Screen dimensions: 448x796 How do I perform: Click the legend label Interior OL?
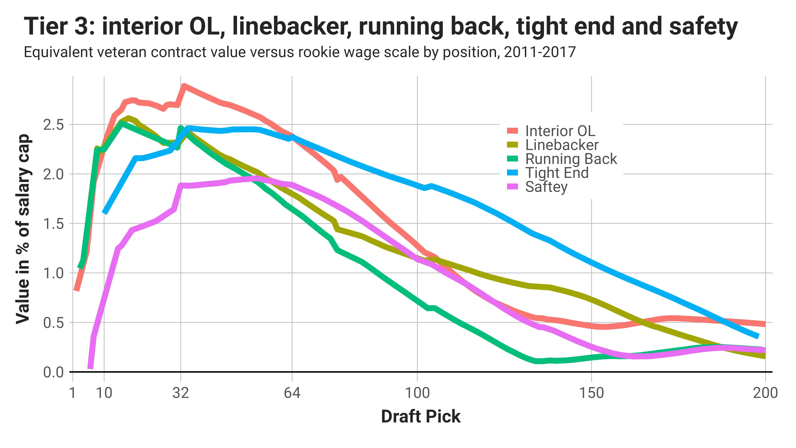tap(560, 131)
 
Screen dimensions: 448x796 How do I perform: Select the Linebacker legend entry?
tap(562, 145)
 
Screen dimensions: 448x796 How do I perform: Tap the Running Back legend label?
tap(571, 159)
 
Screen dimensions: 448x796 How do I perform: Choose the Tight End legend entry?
tap(557, 173)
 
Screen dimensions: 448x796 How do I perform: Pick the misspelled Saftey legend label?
tap(546, 187)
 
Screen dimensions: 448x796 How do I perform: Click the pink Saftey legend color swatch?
tap(512, 187)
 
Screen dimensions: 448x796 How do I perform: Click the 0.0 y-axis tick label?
tap(53, 372)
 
